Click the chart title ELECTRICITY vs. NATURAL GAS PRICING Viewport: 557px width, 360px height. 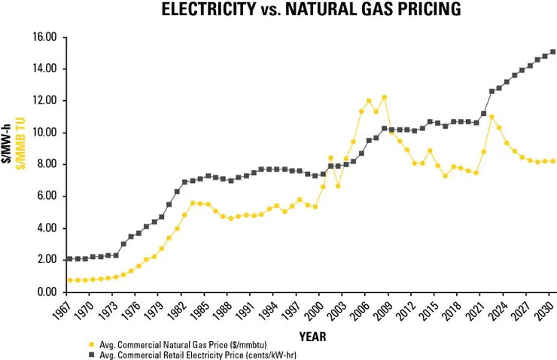(x=312, y=11)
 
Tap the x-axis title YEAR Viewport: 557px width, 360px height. (x=312, y=337)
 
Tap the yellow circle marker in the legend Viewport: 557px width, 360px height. (x=92, y=344)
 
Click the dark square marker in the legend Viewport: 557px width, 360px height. (x=92, y=353)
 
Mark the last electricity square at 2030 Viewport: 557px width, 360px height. (x=553, y=52)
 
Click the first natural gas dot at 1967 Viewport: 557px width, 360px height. (x=69, y=280)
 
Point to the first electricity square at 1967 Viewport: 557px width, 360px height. (x=69, y=259)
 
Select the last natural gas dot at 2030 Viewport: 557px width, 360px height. (x=553, y=161)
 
